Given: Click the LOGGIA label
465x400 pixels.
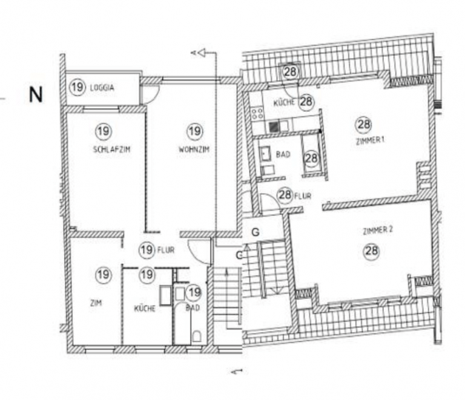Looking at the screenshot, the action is (x=102, y=88).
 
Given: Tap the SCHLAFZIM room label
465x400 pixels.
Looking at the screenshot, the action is (x=112, y=149).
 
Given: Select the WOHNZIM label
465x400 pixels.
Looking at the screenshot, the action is (x=194, y=149).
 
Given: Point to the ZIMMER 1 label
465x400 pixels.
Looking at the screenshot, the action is (x=370, y=140).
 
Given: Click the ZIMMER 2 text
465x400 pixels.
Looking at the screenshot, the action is (x=378, y=231).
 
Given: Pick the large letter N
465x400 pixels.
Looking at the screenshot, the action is (x=36, y=95).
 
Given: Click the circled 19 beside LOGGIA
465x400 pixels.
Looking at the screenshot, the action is (x=77, y=87).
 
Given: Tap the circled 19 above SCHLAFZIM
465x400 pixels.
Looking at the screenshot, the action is (x=104, y=131).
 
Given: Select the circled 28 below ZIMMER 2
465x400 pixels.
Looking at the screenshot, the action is (x=372, y=251).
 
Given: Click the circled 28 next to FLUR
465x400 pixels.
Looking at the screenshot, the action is (x=285, y=195).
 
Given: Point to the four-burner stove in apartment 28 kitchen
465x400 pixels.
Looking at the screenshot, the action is (x=257, y=113).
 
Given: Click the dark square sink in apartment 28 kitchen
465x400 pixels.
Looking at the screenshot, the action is (x=275, y=126).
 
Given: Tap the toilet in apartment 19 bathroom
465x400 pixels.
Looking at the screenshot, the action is (x=196, y=336).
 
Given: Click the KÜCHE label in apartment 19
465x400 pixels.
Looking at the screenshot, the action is (x=145, y=309).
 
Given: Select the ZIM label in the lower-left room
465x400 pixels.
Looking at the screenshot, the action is (x=96, y=303).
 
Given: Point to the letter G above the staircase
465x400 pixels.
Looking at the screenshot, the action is (x=256, y=232).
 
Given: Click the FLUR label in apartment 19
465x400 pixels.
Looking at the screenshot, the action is (x=166, y=251).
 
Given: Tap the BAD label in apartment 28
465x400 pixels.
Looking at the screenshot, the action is (x=283, y=154).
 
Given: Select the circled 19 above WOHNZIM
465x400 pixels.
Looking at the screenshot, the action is (x=195, y=131).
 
